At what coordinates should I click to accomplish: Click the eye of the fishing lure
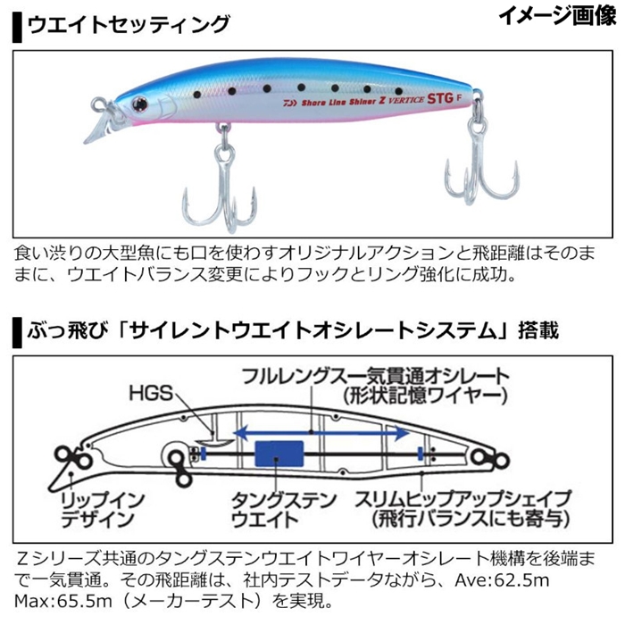140,104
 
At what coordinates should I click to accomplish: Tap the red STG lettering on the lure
440,98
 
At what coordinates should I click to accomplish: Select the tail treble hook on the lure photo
481,160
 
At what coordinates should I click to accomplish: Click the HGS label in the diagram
151,394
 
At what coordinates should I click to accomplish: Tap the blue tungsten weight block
279,454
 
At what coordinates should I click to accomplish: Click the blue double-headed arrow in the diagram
321,432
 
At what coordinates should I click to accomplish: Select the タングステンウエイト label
283,509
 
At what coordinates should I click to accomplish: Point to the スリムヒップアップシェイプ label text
462,499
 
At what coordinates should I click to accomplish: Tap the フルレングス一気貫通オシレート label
375,376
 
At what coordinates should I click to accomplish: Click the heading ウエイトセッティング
129,25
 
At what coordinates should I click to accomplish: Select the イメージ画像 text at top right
557,16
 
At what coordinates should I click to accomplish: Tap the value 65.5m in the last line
85,601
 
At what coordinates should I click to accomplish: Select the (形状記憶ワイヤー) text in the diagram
425,396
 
